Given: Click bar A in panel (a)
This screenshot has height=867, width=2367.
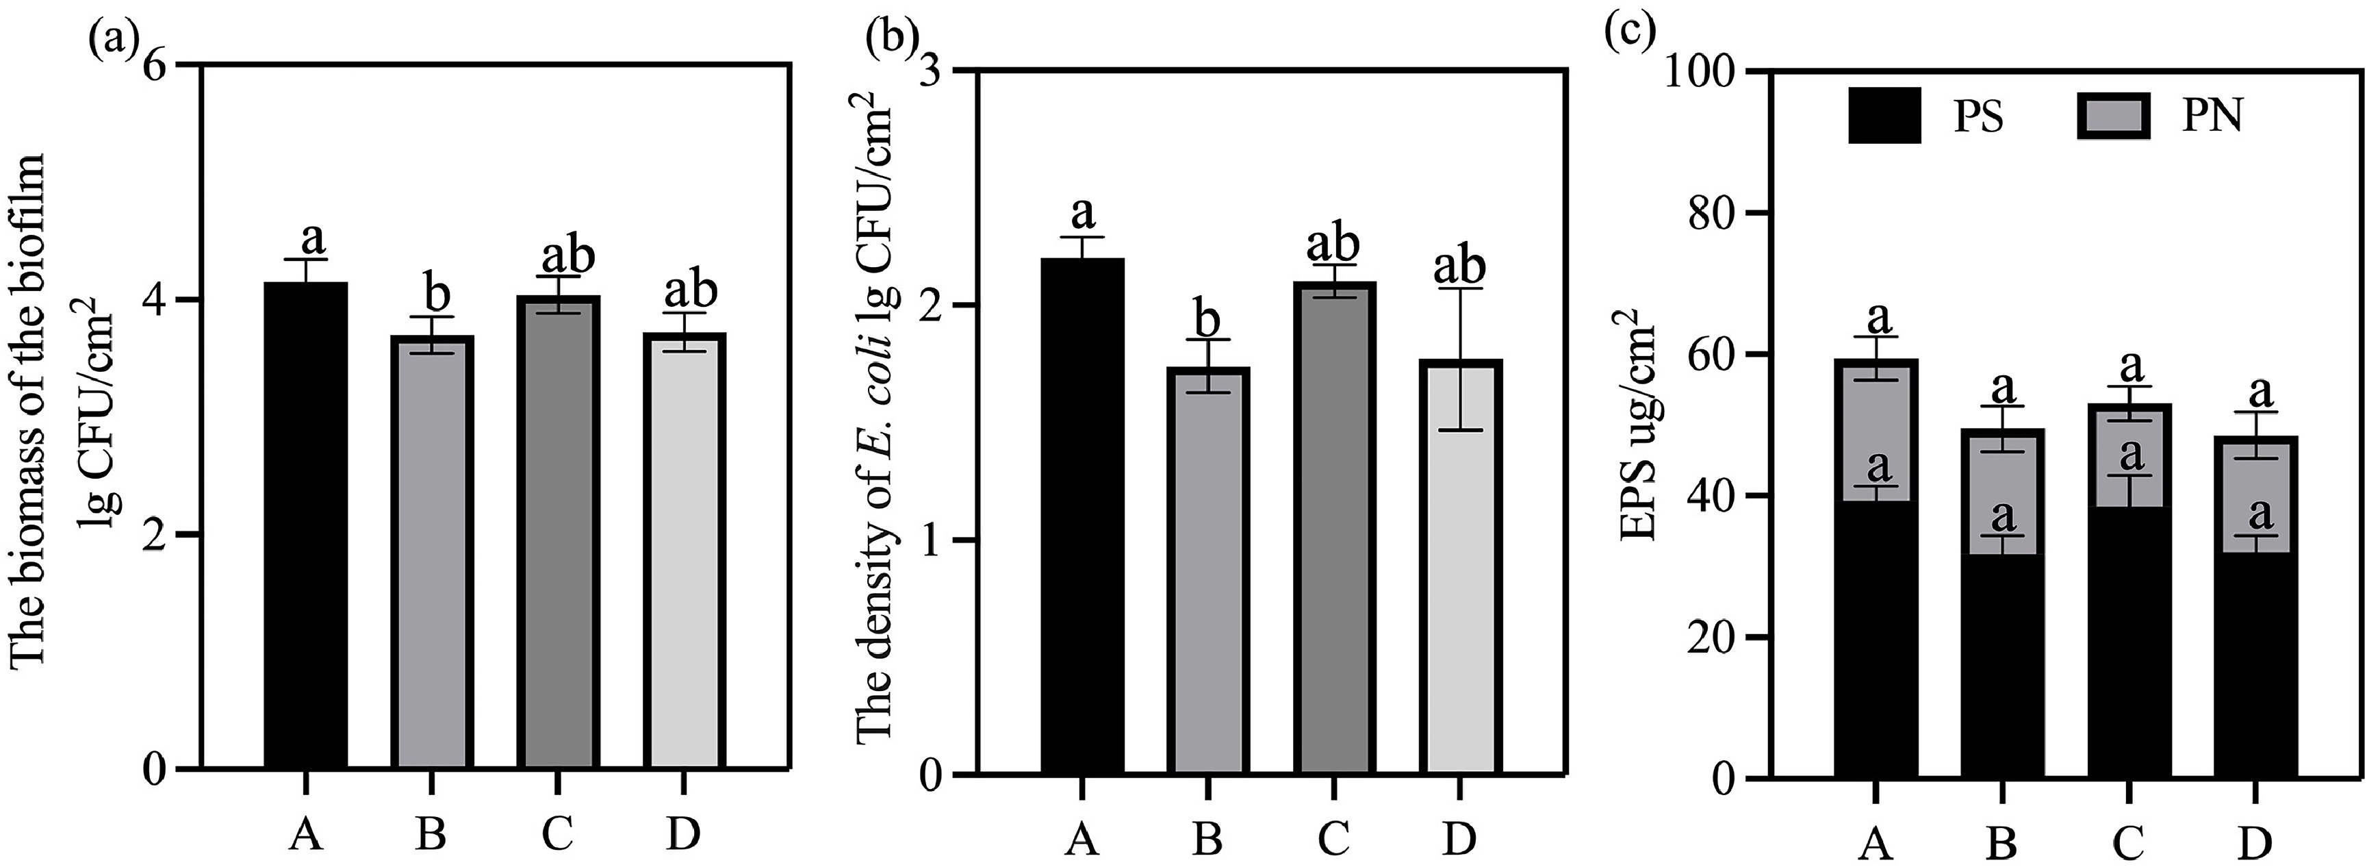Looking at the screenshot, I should coord(307,524).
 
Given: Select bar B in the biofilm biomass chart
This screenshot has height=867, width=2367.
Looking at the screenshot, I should coord(433,552).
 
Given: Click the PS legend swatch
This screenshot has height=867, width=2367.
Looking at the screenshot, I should coord(1884,115).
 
